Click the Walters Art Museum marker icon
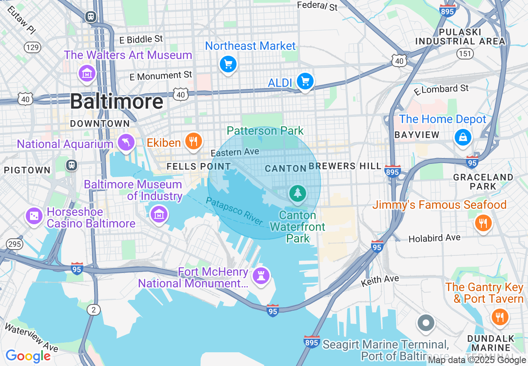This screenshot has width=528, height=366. [87, 74]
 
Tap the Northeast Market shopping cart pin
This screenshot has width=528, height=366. [228, 64]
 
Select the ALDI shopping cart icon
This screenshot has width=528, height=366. [305, 82]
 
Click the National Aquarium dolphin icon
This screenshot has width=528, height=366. [126, 143]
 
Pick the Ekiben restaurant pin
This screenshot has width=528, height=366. [193, 141]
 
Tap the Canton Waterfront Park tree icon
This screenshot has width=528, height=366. [297, 193]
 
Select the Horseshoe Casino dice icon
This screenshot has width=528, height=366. [34, 216]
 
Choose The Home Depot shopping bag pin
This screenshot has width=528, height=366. [463, 136]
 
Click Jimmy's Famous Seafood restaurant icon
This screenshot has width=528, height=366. [483, 223]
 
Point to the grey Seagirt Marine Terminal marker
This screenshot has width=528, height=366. [426, 322]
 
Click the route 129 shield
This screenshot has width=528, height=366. [32, 47]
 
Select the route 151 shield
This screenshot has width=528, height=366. [464, 53]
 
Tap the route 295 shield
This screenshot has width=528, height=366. [15, 244]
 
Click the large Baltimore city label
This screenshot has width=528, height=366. [117, 101]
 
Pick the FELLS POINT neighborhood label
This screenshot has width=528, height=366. [193, 166]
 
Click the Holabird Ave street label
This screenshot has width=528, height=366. [434, 238]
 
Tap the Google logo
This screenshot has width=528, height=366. [28, 356]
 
